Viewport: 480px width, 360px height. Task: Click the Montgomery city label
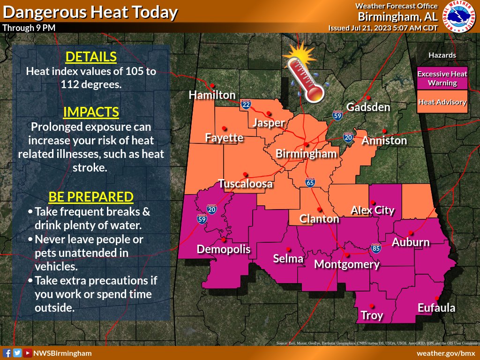(x=346, y=264)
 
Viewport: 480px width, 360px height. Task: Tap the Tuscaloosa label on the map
(x=245, y=184)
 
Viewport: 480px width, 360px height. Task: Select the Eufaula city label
(x=436, y=308)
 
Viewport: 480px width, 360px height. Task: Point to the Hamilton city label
(x=212, y=95)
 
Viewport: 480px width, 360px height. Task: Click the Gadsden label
(x=368, y=107)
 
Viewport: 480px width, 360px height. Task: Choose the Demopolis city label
(x=223, y=249)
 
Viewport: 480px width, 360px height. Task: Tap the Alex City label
(x=373, y=210)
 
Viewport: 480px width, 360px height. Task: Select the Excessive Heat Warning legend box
(x=442, y=78)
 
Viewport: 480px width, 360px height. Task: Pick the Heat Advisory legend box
(x=442, y=102)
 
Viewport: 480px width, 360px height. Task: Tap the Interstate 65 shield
(x=310, y=183)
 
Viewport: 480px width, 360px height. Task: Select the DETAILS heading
(x=91, y=57)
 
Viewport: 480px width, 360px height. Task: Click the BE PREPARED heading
(x=91, y=196)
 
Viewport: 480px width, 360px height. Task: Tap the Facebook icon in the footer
(x=7, y=353)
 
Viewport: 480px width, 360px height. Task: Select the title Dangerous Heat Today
(x=90, y=12)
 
